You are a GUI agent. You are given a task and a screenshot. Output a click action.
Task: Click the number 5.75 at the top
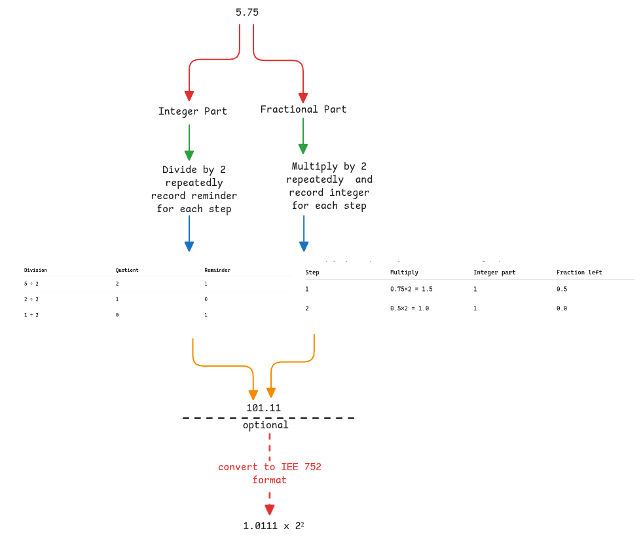(x=247, y=12)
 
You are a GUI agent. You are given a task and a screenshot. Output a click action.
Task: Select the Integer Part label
(x=192, y=111)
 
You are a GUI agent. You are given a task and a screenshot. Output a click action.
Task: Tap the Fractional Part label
(x=303, y=109)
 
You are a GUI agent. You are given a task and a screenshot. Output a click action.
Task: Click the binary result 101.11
(x=263, y=408)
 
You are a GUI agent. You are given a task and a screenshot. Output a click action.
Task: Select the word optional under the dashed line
(x=265, y=425)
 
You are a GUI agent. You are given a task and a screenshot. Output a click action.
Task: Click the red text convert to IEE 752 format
(x=270, y=474)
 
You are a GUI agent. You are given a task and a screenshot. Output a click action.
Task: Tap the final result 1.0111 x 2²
(x=273, y=526)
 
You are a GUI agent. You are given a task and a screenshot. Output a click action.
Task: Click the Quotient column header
(x=127, y=270)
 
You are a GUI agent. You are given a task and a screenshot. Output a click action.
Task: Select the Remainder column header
(x=217, y=270)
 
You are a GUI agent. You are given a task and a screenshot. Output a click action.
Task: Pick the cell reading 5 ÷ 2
(x=31, y=284)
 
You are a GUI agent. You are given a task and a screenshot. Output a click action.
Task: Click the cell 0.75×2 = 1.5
(x=411, y=289)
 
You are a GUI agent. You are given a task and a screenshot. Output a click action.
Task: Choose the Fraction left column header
(x=579, y=272)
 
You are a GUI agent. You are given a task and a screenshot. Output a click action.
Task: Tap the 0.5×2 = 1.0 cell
(x=409, y=308)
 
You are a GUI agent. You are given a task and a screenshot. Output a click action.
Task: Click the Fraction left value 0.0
(x=562, y=308)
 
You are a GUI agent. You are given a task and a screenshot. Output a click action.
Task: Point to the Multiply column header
(x=404, y=272)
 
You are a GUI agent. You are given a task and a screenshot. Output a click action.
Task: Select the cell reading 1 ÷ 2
(x=31, y=315)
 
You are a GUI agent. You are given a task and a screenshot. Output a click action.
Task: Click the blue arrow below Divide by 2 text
(x=189, y=233)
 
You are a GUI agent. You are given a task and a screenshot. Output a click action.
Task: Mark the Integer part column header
(x=494, y=272)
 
